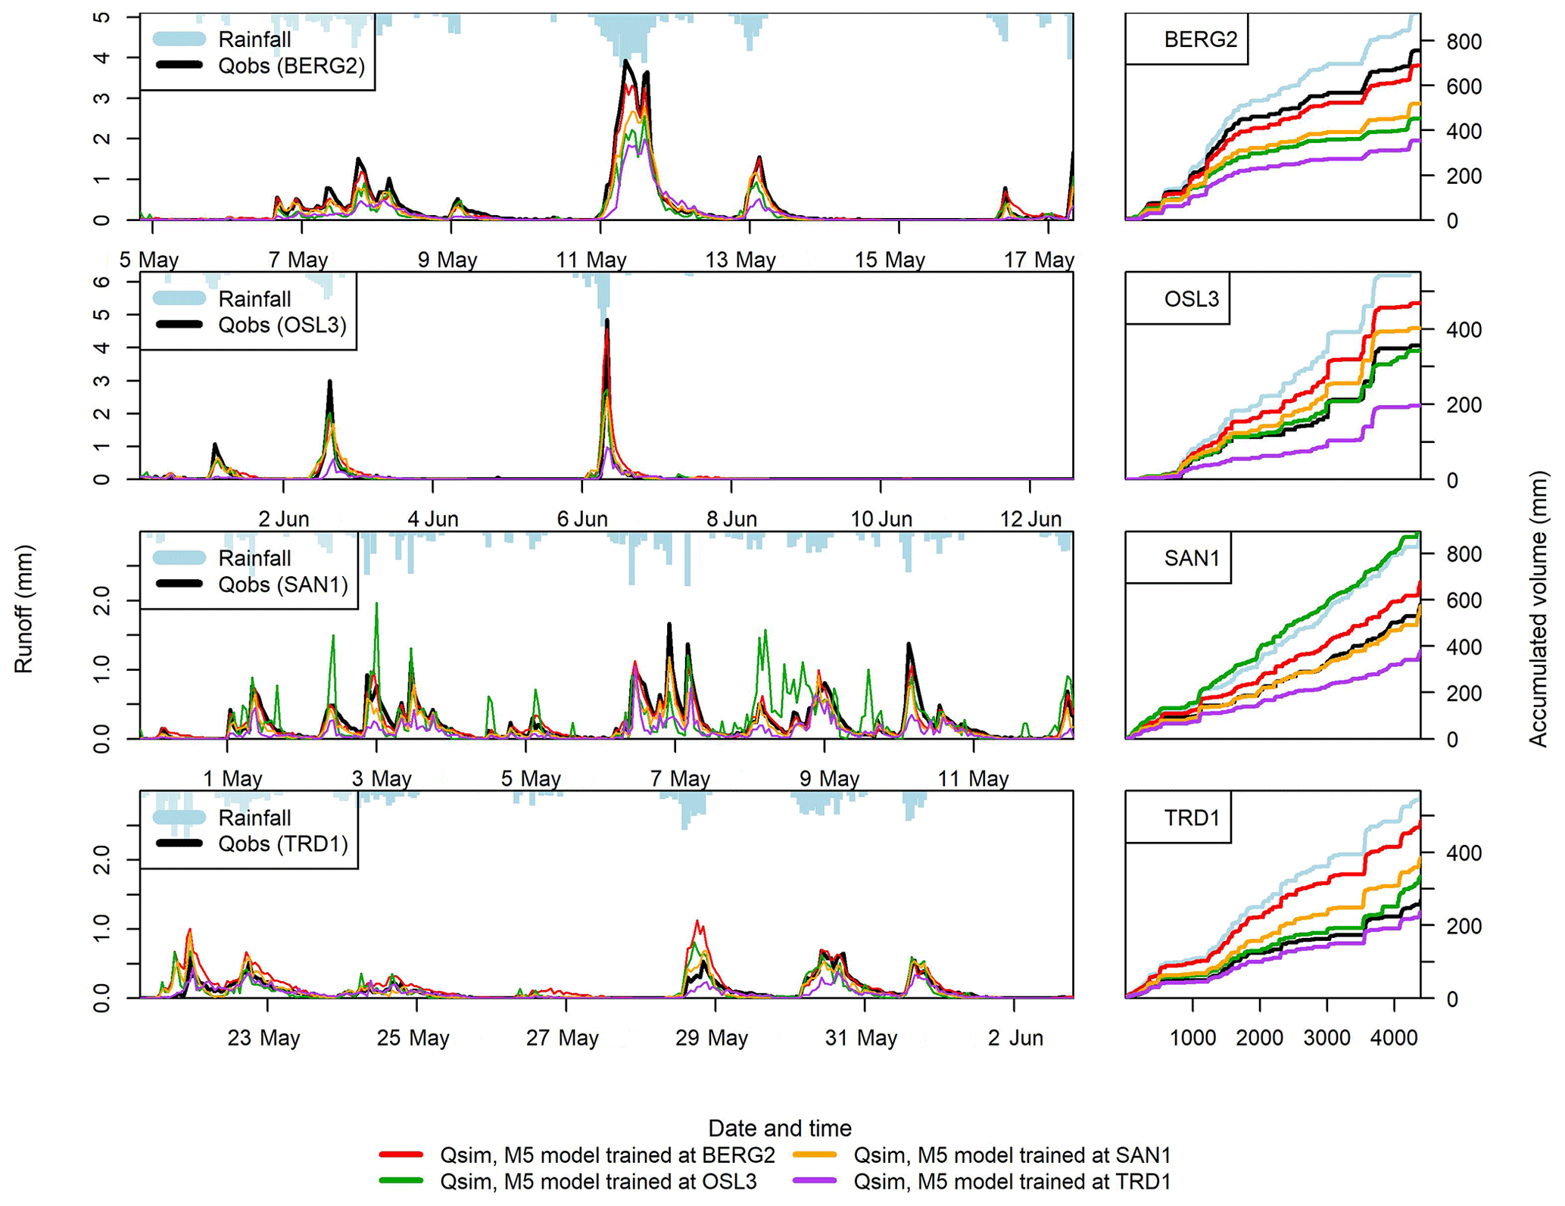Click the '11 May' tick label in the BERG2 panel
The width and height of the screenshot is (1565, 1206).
coord(591,260)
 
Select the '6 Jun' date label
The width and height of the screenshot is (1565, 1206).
coord(582,519)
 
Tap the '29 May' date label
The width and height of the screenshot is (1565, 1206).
coord(711,1038)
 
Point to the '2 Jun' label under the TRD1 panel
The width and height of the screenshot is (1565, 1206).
coord(1015,1038)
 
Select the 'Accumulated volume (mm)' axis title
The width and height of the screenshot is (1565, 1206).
coord(1537,609)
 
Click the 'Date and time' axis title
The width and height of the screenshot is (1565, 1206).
coord(779,1129)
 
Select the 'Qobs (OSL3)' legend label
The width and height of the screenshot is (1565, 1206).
coord(282,326)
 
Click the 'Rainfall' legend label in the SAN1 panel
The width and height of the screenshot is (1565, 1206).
coord(254,559)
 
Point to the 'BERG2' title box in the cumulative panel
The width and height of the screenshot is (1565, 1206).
coord(1200,39)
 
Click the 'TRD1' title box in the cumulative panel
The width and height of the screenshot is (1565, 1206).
coord(1191,818)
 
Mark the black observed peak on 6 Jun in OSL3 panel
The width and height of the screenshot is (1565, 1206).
coord(607,322)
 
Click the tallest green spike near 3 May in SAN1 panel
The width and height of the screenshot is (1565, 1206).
coord(377,604)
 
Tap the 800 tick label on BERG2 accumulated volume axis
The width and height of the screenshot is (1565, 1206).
coord(1464,42)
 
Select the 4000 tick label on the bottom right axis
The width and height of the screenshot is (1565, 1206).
coord(1394,1038)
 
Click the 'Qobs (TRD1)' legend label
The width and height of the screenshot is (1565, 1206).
coord(282,844)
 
